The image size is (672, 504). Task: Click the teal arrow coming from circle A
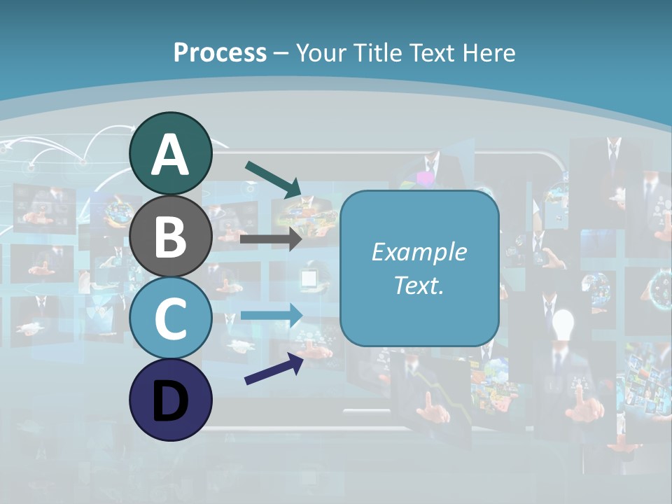click(273, 179)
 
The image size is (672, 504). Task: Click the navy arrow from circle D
click(274, 368)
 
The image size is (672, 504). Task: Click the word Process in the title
click(220, 52)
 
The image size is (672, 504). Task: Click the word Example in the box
click(419, 252)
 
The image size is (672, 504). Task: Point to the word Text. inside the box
click(419, 285)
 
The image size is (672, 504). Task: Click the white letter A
click(170, 155)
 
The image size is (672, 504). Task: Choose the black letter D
click(170, 401)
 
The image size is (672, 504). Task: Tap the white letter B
click(170, 237)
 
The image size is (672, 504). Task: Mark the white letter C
click(170, 318)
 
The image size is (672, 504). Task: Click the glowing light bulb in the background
click(563, 324)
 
